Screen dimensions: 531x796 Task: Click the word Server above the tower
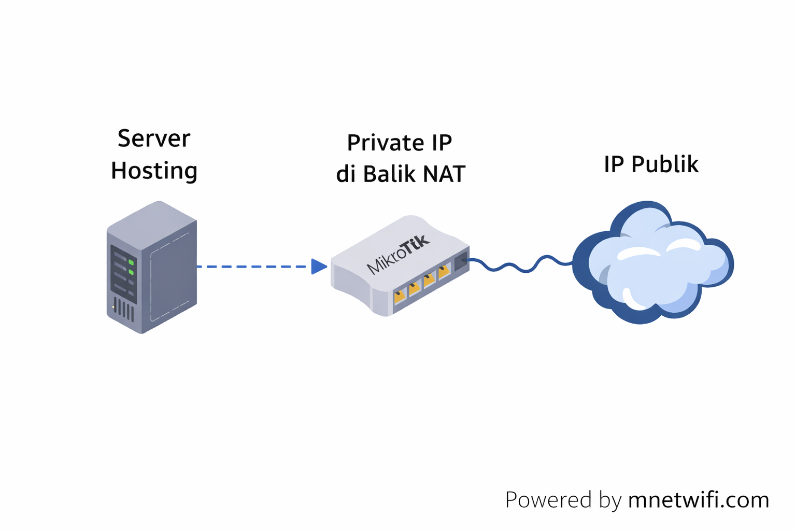[x=153, y=138]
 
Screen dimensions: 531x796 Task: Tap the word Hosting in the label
[x=154, y=171]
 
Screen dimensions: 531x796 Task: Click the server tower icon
[x=151, y=267]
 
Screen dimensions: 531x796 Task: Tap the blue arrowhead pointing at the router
[x=318, y=267]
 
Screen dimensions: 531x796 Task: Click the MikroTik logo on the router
[x=398, y=254]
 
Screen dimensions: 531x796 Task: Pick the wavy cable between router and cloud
[x=518, y=264]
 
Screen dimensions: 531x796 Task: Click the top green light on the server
[x=131, y=263]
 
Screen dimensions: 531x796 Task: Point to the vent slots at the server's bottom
[x=124, y=310]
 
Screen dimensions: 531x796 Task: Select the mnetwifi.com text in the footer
[x=698, y=500]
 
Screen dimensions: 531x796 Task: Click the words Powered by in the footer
[x=563, y=500]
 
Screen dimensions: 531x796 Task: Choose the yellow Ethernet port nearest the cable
[x=444, y=271]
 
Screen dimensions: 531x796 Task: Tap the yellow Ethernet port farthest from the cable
[x=400, y=296]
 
